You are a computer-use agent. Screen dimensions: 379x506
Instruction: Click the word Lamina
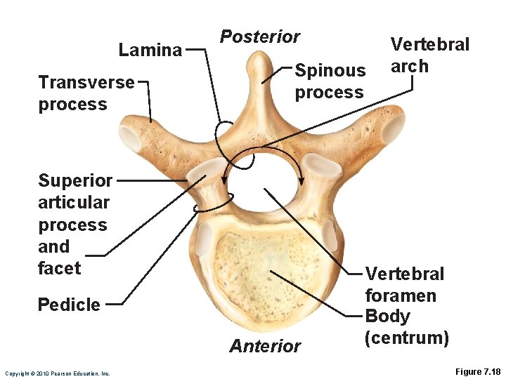click(x=150, y=50)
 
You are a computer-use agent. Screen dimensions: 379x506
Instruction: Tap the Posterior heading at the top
click(x=260, y=36)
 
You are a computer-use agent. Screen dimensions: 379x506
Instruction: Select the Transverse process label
click(x=86, y=93)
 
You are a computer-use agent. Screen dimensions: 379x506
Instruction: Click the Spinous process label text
click(x=330, y=81)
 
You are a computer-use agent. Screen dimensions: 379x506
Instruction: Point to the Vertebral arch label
click(x=429, y=55)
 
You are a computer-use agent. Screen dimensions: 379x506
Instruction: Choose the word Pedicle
click(x=69, y=305)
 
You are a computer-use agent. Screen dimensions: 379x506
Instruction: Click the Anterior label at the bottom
click(x=265, y=345)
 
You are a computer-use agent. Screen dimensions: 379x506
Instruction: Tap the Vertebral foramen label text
click(x=404, y=284)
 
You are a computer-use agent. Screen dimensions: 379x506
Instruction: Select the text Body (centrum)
click(x=407, y=327)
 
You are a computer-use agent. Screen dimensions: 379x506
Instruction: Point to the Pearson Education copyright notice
click(x=57, y=373)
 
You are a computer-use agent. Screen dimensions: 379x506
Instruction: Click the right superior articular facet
click(x=320, y=166)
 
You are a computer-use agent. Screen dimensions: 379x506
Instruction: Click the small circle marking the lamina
click(x=226, y=131)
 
